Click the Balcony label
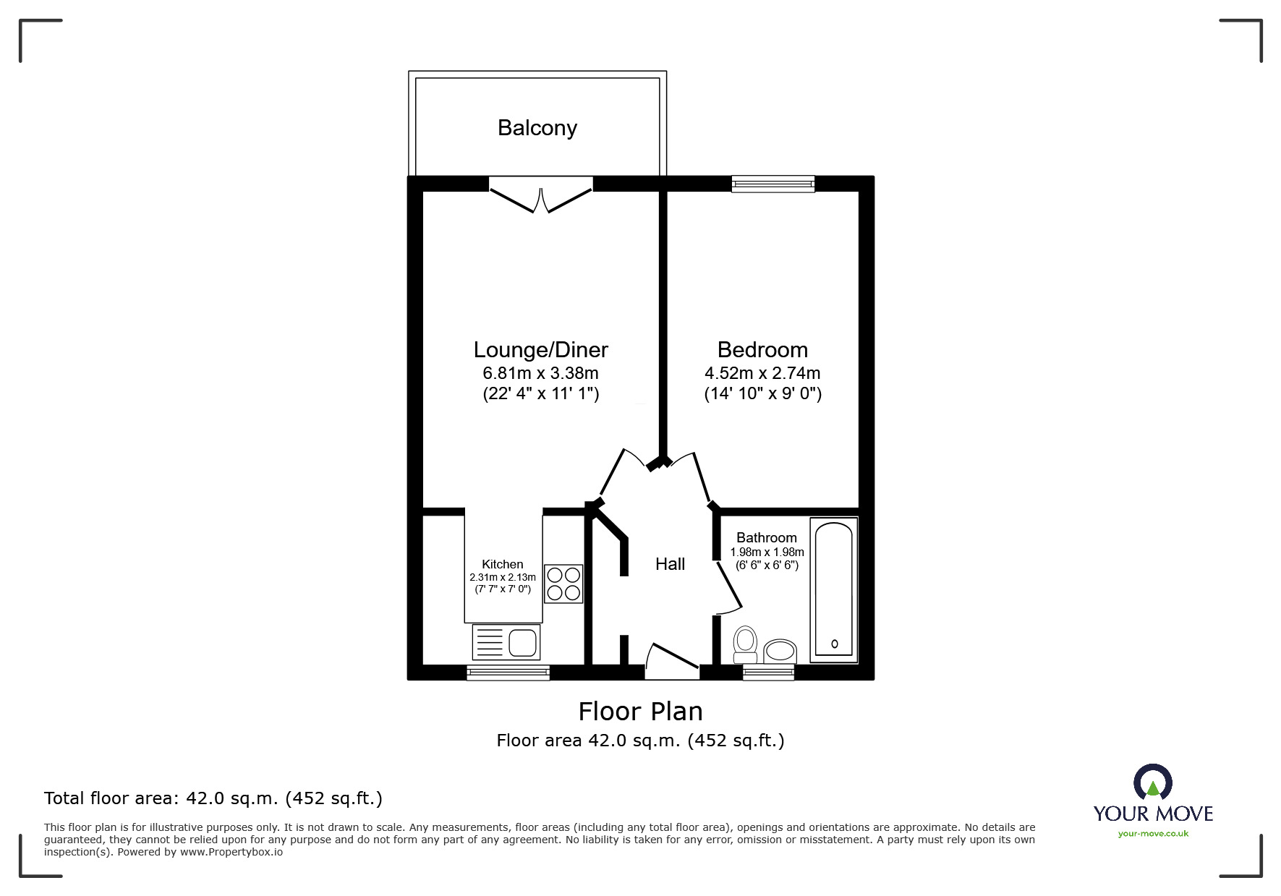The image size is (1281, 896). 537,128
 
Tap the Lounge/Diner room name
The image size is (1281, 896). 540,350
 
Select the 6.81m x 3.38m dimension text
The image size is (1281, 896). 540,374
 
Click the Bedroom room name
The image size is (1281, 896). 762,350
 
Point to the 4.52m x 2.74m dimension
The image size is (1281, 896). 762,374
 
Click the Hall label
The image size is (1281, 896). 670,564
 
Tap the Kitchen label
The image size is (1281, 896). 502,564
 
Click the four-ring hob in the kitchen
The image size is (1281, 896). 563,584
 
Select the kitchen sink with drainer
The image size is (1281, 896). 506,641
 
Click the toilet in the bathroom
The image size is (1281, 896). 745,644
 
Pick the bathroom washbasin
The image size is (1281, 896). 780,651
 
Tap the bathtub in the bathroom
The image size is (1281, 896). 833,589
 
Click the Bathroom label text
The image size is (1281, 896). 766,537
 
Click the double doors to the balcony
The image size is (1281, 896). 540,195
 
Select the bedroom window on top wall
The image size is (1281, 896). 773,184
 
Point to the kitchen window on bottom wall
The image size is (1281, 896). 508,673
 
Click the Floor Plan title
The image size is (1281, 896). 640,712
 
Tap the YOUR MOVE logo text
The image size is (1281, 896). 1152,813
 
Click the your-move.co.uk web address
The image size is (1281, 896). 1153,834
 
